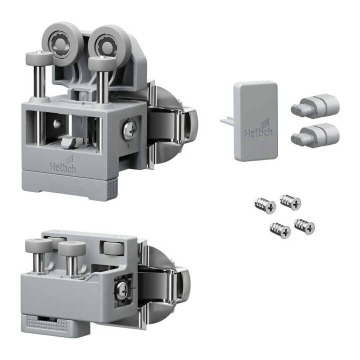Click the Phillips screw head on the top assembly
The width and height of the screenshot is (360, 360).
coord(129,129)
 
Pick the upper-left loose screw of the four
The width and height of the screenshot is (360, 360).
coord(265,205)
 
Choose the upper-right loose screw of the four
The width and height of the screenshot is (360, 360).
coord(290,202)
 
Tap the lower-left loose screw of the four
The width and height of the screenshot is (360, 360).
coord(280,230)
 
